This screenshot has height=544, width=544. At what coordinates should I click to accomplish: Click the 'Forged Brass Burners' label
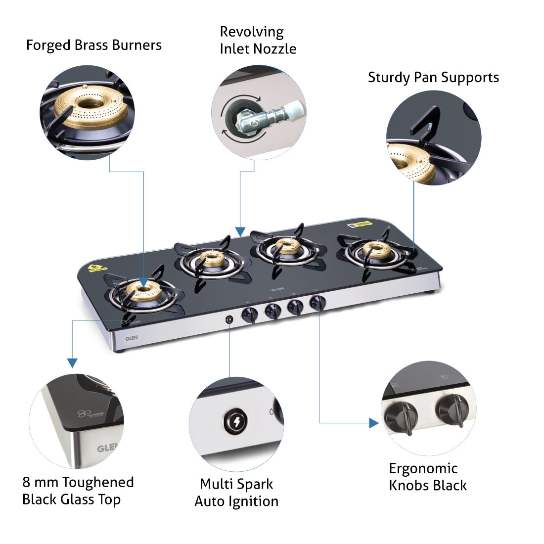[x=93, y=45]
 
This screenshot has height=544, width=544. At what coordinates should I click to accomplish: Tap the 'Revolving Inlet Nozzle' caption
[x=258, y=40]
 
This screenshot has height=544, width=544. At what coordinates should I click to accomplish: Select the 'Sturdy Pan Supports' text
[x=433, y=78]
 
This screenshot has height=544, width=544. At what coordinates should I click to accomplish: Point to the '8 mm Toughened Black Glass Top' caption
[x=78, y=491]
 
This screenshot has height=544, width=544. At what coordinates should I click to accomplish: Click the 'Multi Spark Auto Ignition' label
[x=236, y=492]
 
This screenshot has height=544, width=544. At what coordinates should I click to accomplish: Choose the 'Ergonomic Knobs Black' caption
[x=427, y=477]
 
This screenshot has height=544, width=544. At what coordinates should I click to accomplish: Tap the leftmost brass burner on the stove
[x=143, y=291]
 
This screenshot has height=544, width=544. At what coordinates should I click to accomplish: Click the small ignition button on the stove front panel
[x=229, y=319]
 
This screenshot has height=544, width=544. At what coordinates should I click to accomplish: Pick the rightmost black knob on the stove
[x=317, y=302]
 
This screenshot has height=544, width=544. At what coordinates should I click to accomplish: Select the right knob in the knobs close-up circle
[x=453, y=408]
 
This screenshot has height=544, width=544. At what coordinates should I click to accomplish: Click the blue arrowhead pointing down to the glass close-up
[x=72, y=363]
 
